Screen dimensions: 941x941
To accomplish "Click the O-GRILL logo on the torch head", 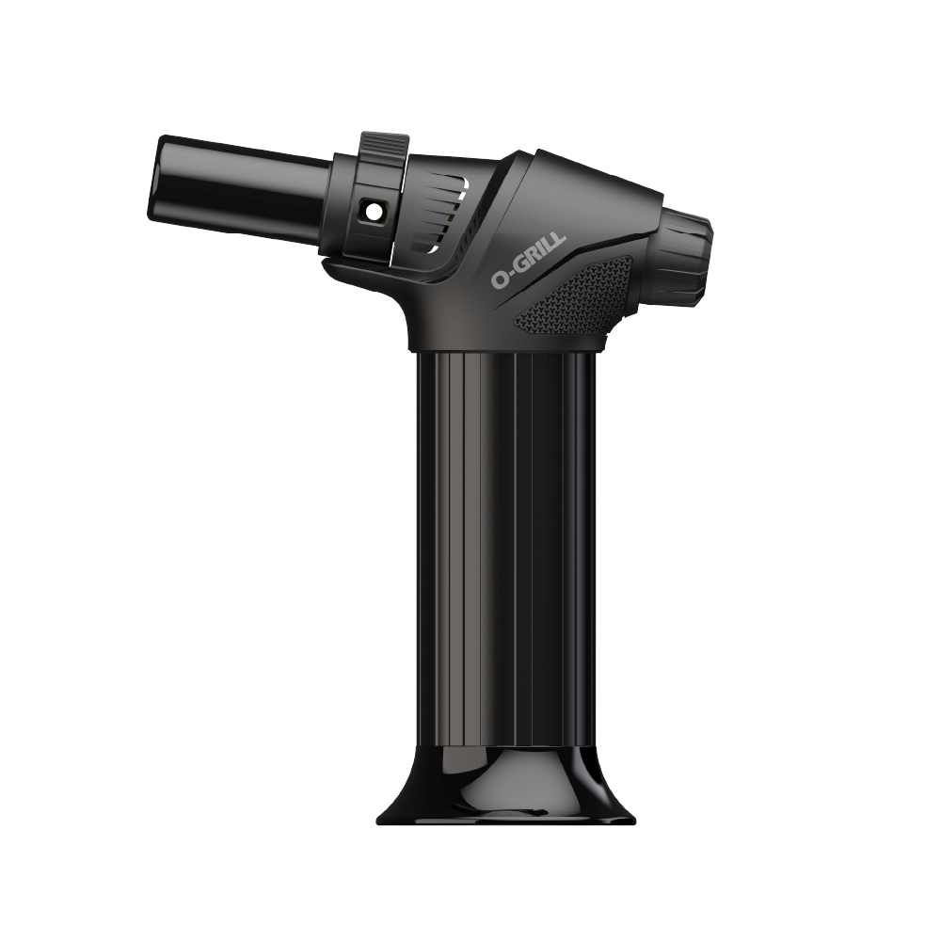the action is [528, 261].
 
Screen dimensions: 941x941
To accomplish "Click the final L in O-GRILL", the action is [560, 243].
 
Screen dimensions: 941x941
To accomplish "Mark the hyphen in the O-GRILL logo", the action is [512, 274].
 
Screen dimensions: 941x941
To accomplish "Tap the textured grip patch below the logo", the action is [573, 293].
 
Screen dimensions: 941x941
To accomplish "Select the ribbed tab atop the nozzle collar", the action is [385, 146].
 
